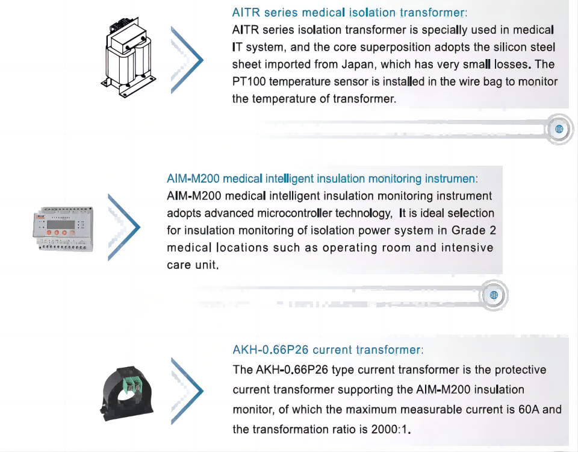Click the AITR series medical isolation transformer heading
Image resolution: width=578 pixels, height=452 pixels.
coord(349,13)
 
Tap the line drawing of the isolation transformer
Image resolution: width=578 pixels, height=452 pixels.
coord(129,57)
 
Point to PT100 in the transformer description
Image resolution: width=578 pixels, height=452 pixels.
coord(249,81)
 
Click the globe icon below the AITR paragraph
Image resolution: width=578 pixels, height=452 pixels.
coord(559,129)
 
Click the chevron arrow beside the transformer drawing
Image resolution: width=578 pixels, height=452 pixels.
coord(187,60)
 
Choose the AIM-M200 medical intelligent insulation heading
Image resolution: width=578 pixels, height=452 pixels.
coord(322,178)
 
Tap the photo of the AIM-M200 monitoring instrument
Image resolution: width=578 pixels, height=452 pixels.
coord(63,229)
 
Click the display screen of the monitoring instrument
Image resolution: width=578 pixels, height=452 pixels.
coord(60,224)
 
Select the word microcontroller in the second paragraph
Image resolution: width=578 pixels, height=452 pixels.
coord(294,213)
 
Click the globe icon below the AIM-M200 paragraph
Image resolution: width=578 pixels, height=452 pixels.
coord(494,295)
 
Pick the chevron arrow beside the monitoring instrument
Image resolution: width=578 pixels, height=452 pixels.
coord(124,227)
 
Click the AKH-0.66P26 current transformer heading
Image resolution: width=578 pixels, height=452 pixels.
coord(328,350)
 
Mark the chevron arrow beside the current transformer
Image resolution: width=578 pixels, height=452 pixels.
coord(187,391)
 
